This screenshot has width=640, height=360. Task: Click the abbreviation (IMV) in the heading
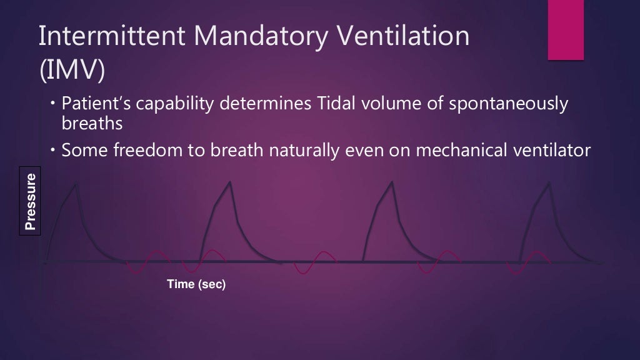pos(71,71)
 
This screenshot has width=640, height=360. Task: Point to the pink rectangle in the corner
pos(565,30)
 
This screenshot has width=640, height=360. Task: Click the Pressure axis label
pos(30,201)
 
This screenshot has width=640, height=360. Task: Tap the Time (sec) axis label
pos(196,284)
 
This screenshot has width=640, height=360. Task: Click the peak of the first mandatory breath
pos(76,183)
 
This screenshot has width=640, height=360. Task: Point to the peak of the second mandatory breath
pos(230,182)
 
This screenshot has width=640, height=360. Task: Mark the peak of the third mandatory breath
pos(392,182)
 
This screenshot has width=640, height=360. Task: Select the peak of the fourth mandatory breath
pos(549,182)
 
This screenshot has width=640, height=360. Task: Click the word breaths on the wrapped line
pos(92,124)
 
